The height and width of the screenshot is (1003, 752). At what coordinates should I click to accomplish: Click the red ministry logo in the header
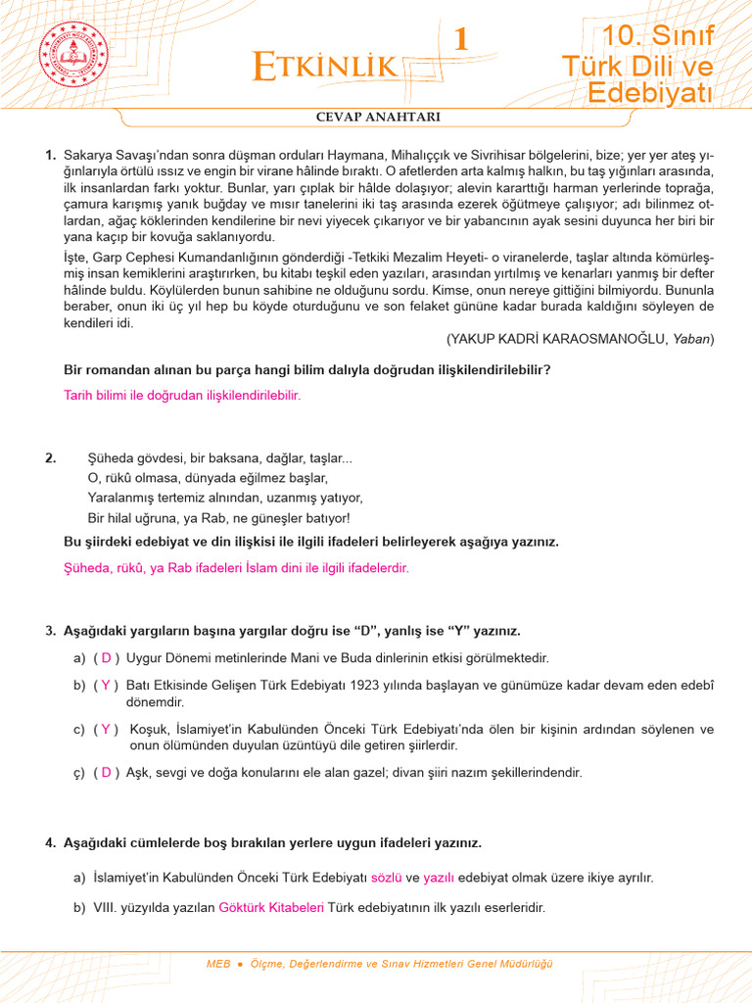(x=76, y=58)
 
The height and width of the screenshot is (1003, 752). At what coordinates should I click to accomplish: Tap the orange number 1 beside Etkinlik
(x=460, y=39)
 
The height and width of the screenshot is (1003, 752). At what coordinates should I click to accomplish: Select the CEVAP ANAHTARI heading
(x=377, y=117)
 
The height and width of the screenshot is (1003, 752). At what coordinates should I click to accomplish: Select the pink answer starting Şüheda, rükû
(x=236, y=568)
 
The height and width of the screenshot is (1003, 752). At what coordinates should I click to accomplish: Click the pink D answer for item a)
(x=107, y=658)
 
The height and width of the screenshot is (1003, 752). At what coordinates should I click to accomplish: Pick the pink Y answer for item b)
(x=107, y=686)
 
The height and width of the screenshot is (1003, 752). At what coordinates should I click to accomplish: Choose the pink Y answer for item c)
(x=107, y=730)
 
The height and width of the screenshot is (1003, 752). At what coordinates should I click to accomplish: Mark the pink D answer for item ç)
(x=107, y=773)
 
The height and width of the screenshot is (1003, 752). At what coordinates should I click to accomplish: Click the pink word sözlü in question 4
(x=386, y=879)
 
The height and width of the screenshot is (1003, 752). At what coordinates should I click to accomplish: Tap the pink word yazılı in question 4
(x=439, y=879)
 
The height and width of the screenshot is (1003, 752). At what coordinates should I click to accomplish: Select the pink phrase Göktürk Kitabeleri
(x=271, y=908)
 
